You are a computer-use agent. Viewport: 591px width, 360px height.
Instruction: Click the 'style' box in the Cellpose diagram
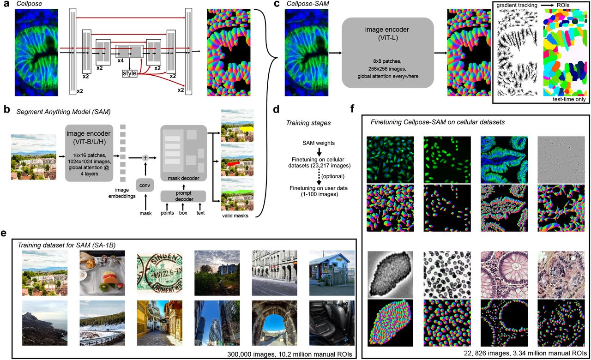pyautogui.click(x=130, y=73)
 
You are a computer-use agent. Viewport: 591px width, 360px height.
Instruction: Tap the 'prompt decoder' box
pyautogui.click(x=183, y=196)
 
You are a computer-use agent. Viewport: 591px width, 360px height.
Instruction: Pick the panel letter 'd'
pyautogui.click(x=276, y=110)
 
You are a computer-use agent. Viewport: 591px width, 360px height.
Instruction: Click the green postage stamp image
pyautogui.click(x=159, y=273)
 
